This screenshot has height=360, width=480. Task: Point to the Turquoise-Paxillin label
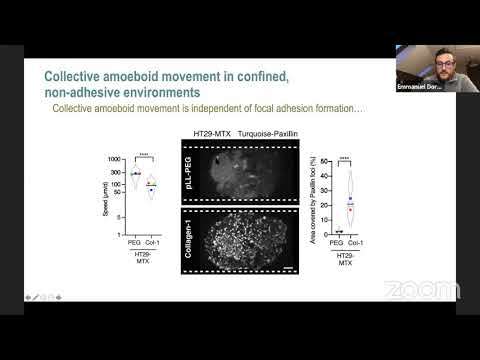[273, 135]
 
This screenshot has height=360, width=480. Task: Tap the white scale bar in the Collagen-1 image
[289, 268]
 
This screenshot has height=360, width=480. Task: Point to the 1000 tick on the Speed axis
[113, 158]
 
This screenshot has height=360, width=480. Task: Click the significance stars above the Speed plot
[143, 154]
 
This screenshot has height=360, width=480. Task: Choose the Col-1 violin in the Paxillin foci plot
[350, 200]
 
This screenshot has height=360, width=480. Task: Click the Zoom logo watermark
[421, 290]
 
